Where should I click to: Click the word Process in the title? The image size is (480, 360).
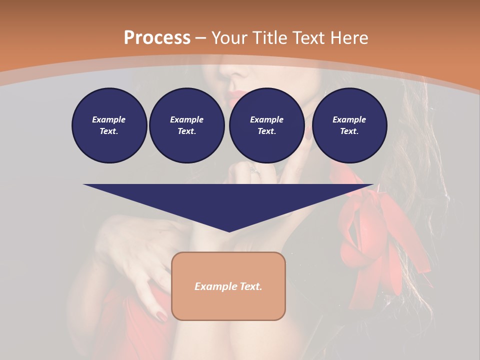[157, 37]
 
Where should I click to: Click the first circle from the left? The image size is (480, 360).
[109, 125]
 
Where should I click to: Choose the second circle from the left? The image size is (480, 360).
[186, 125]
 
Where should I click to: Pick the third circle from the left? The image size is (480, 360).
[266, 125]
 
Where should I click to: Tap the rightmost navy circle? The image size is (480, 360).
[349, 125]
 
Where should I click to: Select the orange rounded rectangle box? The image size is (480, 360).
[228, 286]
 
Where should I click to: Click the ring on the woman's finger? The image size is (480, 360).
[254, 170]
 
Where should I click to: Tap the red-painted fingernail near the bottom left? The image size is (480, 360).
[161, 316]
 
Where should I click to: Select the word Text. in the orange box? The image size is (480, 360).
[250, 286]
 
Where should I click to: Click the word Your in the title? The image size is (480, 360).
[230, 37]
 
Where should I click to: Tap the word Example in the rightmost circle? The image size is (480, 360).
[349, 119]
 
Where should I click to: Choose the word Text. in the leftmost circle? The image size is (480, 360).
[109, 131]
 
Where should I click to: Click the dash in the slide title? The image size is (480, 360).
[201, 37]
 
